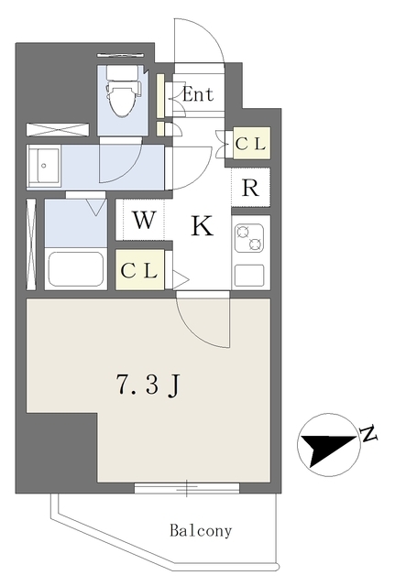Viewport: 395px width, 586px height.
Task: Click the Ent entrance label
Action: point(198,94)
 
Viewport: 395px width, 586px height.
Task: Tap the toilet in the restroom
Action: point(122,92)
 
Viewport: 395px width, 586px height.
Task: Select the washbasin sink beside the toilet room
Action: point(44,166)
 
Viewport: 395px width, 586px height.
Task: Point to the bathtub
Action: point(76,268)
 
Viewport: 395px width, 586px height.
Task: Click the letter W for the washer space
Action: point(144,220)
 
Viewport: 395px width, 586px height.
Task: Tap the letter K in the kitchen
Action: point(203,226)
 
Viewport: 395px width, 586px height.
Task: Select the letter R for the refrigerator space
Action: point(250,188)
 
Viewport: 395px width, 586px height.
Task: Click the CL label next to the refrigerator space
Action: point(251,143)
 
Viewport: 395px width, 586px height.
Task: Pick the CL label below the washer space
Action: point(139,271)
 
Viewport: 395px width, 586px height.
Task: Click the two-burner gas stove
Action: point(248,238)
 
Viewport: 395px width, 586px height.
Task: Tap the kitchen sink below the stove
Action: point(249,275)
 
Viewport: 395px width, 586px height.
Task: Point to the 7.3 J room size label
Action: point(148,385)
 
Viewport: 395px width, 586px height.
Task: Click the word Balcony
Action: point(201,531)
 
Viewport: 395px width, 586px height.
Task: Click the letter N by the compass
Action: point(368,433)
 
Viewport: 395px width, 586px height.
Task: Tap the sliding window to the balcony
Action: point(187,488)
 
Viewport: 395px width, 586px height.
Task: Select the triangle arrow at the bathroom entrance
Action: point(96,208)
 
